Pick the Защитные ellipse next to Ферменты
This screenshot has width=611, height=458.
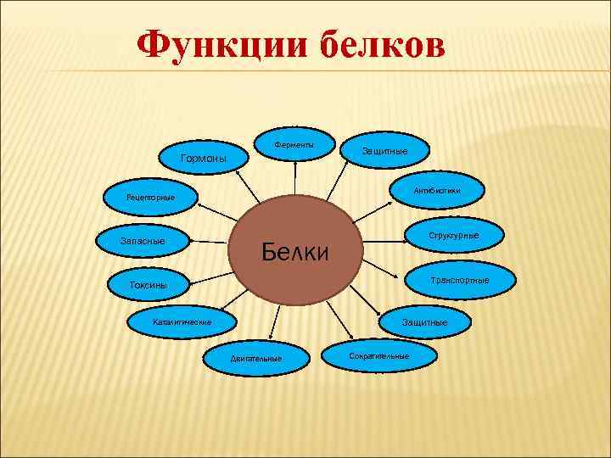coord(384,150)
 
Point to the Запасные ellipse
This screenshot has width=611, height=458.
coord(143,242)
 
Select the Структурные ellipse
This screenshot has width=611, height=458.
coord(453,235)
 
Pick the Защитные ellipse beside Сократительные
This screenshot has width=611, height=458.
coord(424,322)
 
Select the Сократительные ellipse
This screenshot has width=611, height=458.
coord(378,355)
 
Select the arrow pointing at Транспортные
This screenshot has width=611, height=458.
coord(382,269)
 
